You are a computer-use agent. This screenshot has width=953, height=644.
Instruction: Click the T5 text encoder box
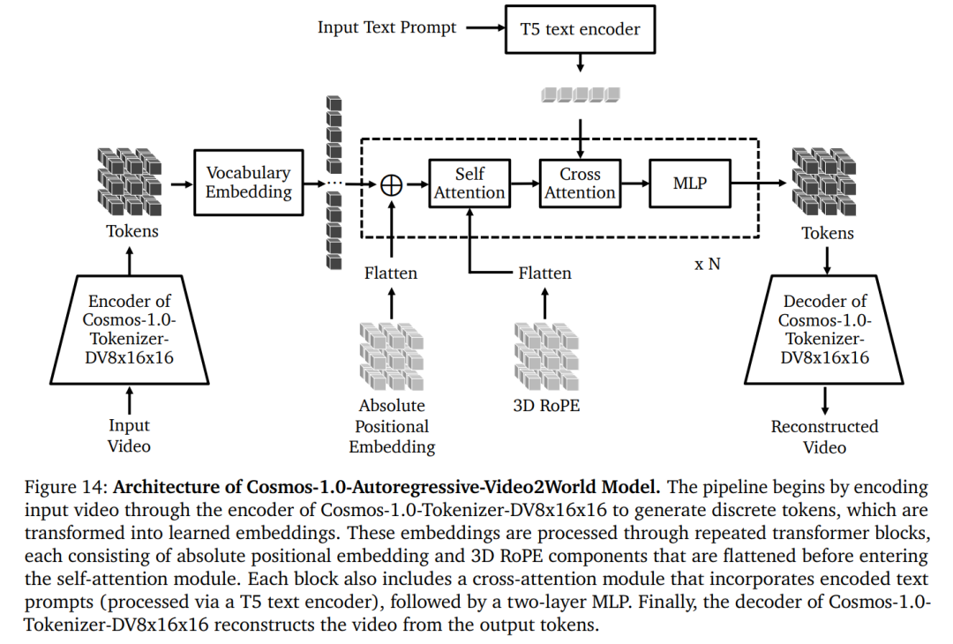580,28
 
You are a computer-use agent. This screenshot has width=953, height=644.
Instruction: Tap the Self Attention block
469,183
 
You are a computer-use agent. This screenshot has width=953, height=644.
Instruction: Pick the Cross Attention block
580,183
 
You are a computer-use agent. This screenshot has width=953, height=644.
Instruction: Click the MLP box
689,183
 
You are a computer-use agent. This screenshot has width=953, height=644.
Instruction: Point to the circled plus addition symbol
391,184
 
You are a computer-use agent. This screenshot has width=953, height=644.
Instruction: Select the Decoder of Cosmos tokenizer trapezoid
824,327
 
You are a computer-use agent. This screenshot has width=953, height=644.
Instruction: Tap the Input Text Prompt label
387,27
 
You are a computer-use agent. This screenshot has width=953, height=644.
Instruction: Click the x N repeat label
707,263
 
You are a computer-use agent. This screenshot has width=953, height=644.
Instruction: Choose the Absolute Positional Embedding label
392,426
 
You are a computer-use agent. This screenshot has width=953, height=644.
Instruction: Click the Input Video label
129,436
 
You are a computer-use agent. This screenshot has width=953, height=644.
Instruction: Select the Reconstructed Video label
824,437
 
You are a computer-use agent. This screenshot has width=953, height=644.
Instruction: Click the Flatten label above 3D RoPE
544,273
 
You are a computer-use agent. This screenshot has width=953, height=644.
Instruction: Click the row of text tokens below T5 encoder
580,94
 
